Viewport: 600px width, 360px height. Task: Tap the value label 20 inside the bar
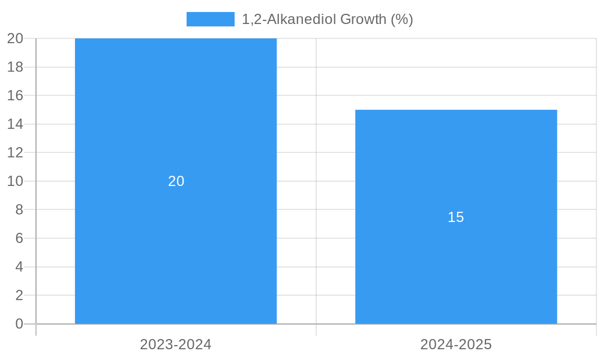(176, 181)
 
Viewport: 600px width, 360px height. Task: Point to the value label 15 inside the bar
(456, 217)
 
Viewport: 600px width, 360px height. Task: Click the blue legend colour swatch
(210, 19)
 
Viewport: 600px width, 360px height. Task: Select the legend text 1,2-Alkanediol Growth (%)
(327, 19)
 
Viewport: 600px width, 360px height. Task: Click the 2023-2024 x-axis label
(176, 344)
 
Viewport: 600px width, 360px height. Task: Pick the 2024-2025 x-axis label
(456, 344)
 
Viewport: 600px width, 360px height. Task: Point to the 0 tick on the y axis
(19, 324)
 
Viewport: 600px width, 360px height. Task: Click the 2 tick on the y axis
(19, 295)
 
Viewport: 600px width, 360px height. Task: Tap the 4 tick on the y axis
(19, 266)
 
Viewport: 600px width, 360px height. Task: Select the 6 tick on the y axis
(19, 238)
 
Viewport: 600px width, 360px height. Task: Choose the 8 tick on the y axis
(19, 209)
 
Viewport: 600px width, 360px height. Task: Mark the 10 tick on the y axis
(15, 181)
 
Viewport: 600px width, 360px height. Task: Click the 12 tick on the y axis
(15, 152)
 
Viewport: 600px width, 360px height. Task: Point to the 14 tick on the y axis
(15, 124)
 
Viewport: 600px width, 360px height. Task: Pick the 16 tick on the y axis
(15, 95)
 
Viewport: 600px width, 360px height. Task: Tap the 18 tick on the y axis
(15, 67)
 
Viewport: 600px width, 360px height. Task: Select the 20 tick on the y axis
(15, 38)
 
